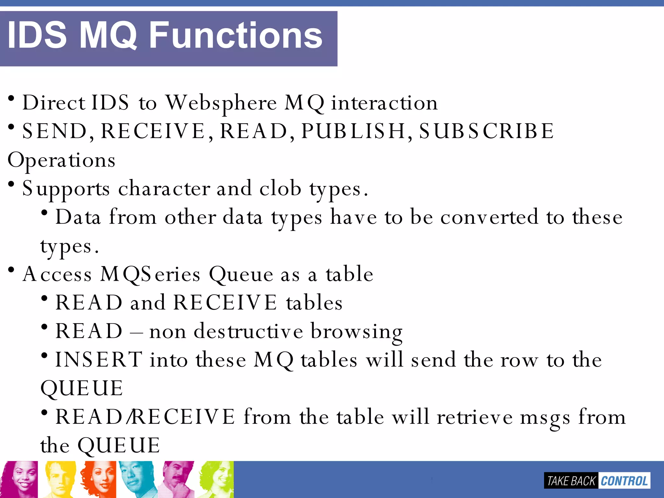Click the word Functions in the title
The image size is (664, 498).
[x=236, y=35]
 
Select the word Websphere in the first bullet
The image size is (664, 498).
[x=221, y=103]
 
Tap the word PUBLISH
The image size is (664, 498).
[x=353, y=131]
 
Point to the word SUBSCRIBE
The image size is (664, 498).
[x=486, y=131]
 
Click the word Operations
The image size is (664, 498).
[x=61, y=160]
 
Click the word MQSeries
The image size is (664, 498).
[x=150, y=274]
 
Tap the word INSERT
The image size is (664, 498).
[x=99, y=360]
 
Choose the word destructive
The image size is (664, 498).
[x=248, y=331]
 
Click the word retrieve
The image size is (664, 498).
[x=475, y=417]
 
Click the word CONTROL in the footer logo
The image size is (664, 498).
[x=624, y=481]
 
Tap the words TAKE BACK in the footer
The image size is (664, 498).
[x=571, y=481]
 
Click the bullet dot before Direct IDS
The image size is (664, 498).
[x=11, y=98]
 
